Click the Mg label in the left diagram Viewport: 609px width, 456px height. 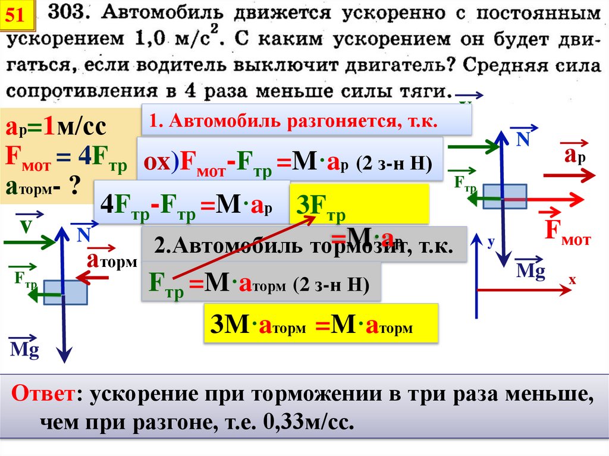[24, 350]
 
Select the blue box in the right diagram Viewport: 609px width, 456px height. [504, 196]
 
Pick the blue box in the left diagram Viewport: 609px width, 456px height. [65, 292]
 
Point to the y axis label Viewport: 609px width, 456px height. [491, 242]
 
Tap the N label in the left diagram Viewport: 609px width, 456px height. [83, 235]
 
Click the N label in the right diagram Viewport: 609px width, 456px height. [523, 139]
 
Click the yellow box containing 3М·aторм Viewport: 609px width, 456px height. [321, 325]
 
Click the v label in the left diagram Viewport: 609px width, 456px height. [25, 227]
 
